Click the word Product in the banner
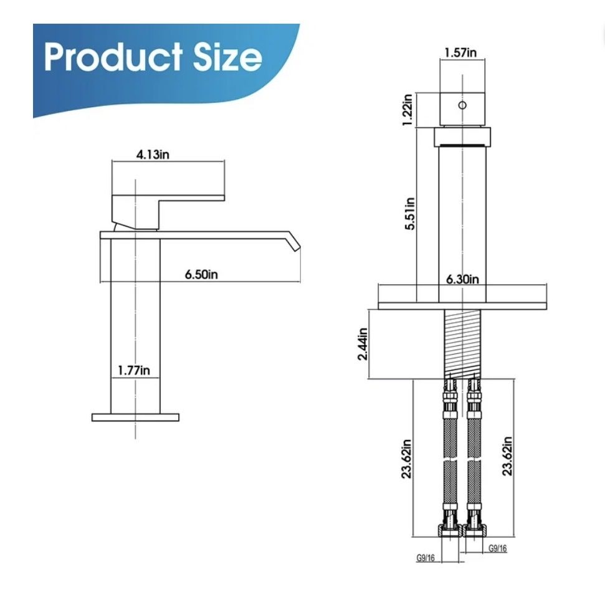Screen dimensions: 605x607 click(113, 57)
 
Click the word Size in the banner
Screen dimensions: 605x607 click(227, 57)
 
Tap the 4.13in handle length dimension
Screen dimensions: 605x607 click(153, 155)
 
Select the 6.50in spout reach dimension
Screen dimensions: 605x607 click(201, 274)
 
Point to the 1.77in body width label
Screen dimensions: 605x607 click(134, 370)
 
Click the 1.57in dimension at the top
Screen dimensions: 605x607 click(460, 52)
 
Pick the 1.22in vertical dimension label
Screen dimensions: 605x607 click(407, 110)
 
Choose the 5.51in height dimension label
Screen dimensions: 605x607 click(410, 214)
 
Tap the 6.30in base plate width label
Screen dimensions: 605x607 click(462, 279)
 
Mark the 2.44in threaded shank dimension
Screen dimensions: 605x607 click(363, 344)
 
